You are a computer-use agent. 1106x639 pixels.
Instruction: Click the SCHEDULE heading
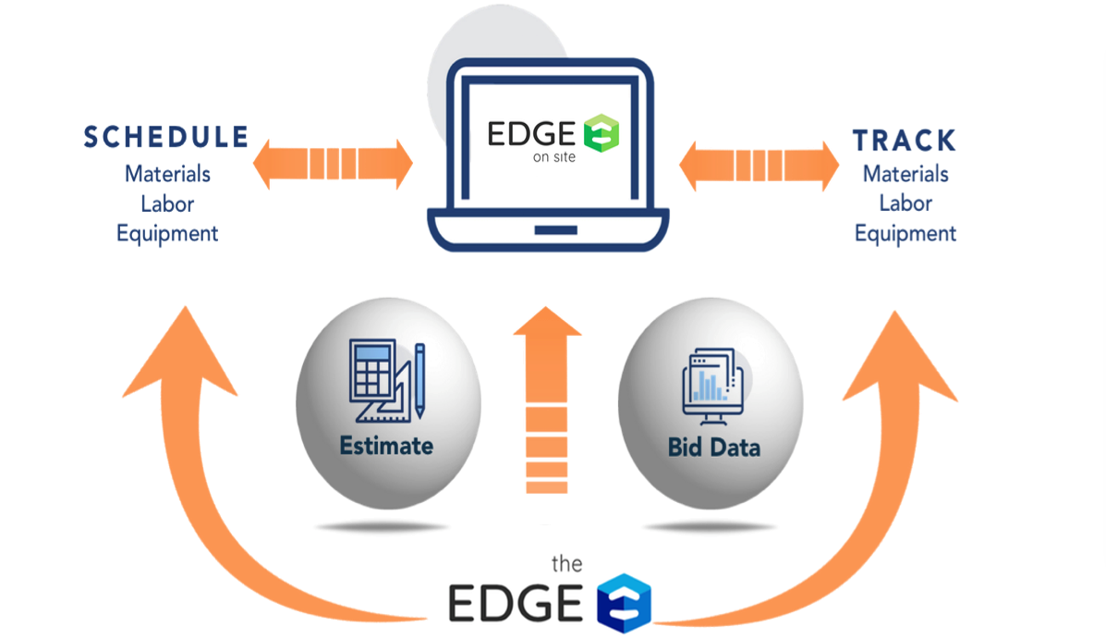coord(166,137)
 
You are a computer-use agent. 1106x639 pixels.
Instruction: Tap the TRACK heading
coord(904,141)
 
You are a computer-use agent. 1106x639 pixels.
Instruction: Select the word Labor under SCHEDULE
coord(167,203)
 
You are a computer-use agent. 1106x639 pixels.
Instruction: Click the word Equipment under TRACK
coord(905,233)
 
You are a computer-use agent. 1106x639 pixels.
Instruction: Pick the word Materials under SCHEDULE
coord(167,174)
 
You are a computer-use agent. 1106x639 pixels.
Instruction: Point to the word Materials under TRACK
coord(905,174)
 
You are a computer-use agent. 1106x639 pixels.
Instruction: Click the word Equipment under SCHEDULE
coord(167,233)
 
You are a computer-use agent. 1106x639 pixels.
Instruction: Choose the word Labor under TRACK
coord(905,203)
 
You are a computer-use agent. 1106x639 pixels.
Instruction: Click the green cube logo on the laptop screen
coord(601,134)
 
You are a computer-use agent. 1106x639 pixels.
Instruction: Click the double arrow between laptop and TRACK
coord(759,165)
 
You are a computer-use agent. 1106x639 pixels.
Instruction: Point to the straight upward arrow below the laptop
coord(547,398)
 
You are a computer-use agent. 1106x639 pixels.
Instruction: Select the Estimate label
coord(386,446)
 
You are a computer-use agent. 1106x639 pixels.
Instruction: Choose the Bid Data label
coord(713,448)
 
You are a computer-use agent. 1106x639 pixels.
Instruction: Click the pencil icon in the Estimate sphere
coord(419,379)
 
